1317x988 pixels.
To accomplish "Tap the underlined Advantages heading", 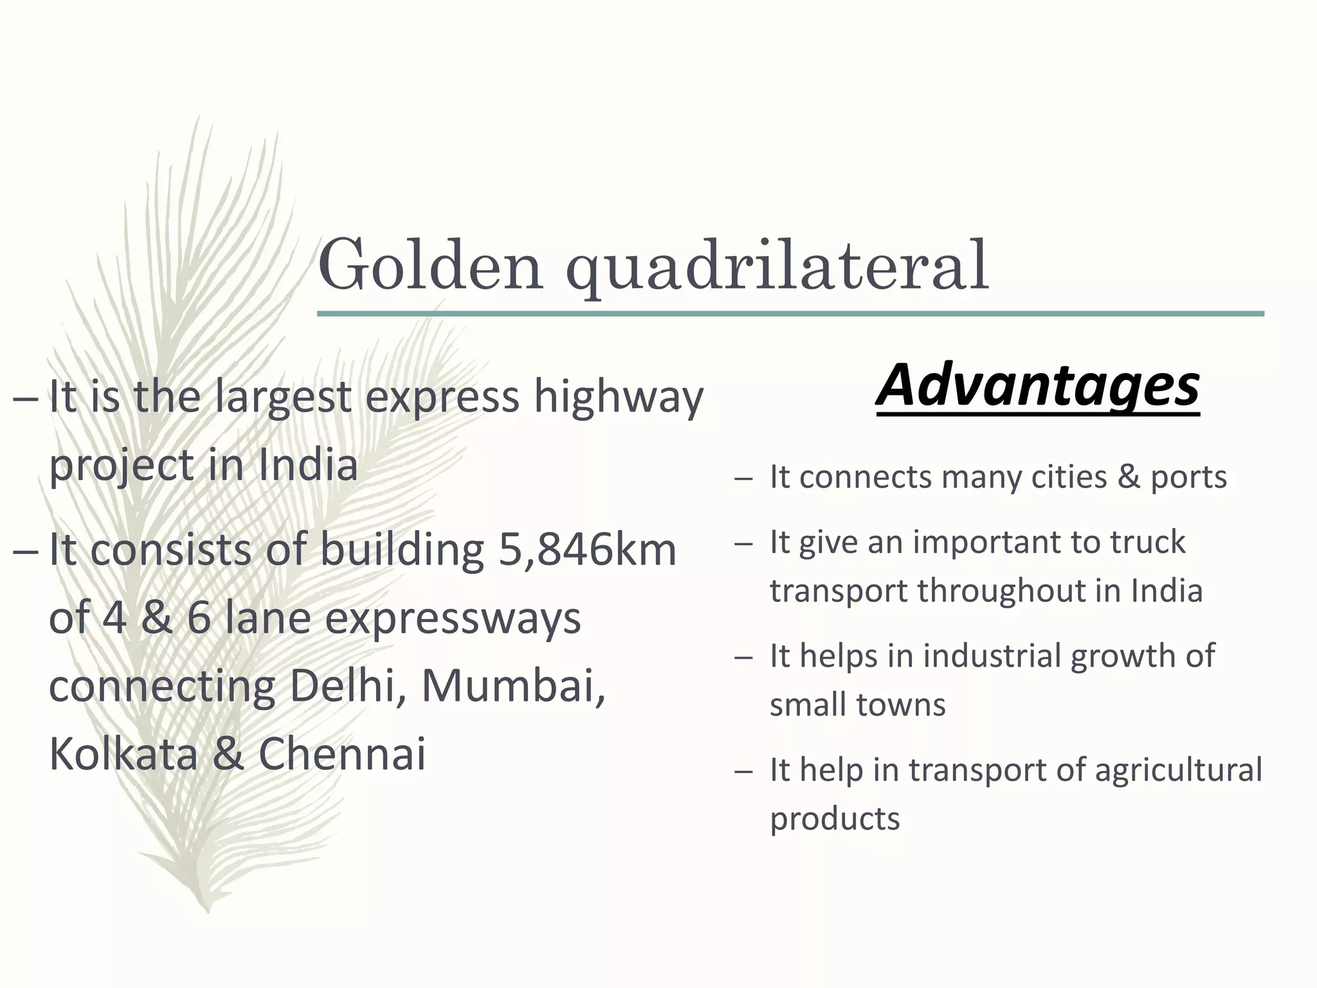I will (1037, 385).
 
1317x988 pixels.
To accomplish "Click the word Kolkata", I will (123, 753).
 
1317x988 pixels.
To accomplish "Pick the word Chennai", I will (342, 753).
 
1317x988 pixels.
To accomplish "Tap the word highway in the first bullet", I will (619, 398).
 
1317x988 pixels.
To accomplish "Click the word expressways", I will (452, 619).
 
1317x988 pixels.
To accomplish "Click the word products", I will (835, 819).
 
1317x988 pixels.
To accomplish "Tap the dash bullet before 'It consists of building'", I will (25, 552).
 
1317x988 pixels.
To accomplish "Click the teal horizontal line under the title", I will (790, 314).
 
